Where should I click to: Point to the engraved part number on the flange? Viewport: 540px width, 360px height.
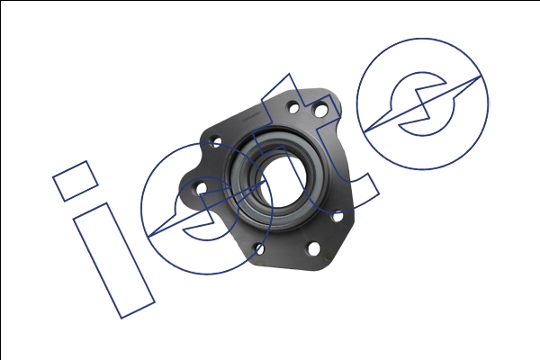(x=251, y=117)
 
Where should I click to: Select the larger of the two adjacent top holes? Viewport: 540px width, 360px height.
(x=320, y=110)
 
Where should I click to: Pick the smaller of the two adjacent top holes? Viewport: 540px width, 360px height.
(x=293, y=108)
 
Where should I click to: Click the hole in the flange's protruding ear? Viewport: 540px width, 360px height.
(x=201, y=188)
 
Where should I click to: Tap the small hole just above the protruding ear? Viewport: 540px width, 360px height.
(x=217, y=142)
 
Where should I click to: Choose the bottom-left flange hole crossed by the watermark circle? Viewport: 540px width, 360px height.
(x=259, y=248)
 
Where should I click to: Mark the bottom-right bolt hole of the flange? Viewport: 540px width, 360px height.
(x=313, y=248)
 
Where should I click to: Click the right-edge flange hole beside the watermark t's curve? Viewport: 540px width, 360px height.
(x=337, y=216)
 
